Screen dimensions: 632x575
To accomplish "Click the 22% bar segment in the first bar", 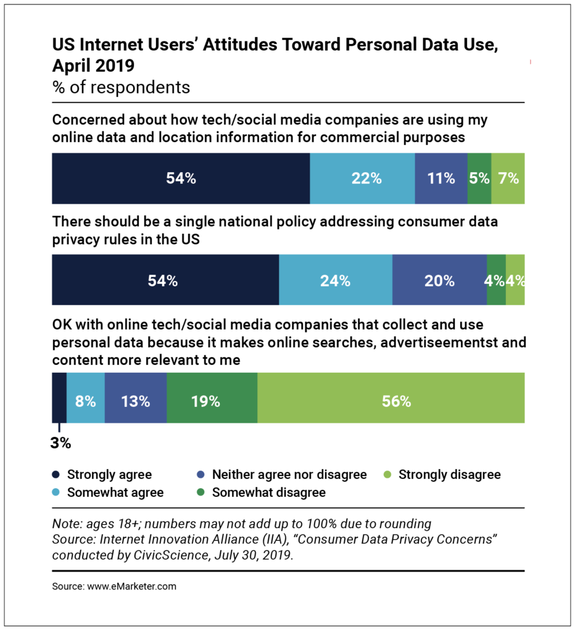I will click(362, 178).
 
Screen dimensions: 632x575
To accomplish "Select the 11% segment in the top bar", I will click(441, 178).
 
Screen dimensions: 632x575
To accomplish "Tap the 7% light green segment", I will click(508, 178).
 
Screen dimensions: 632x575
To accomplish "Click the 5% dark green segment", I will click(479, 178).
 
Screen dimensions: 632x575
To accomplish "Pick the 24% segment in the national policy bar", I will click(336, 280).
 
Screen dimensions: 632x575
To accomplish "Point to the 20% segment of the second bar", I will click(439, 280).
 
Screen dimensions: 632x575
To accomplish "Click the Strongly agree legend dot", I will click(56, 475).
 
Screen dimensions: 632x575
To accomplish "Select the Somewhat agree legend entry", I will click(109, 493).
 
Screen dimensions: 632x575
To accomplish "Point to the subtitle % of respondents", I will click(121, 87).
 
